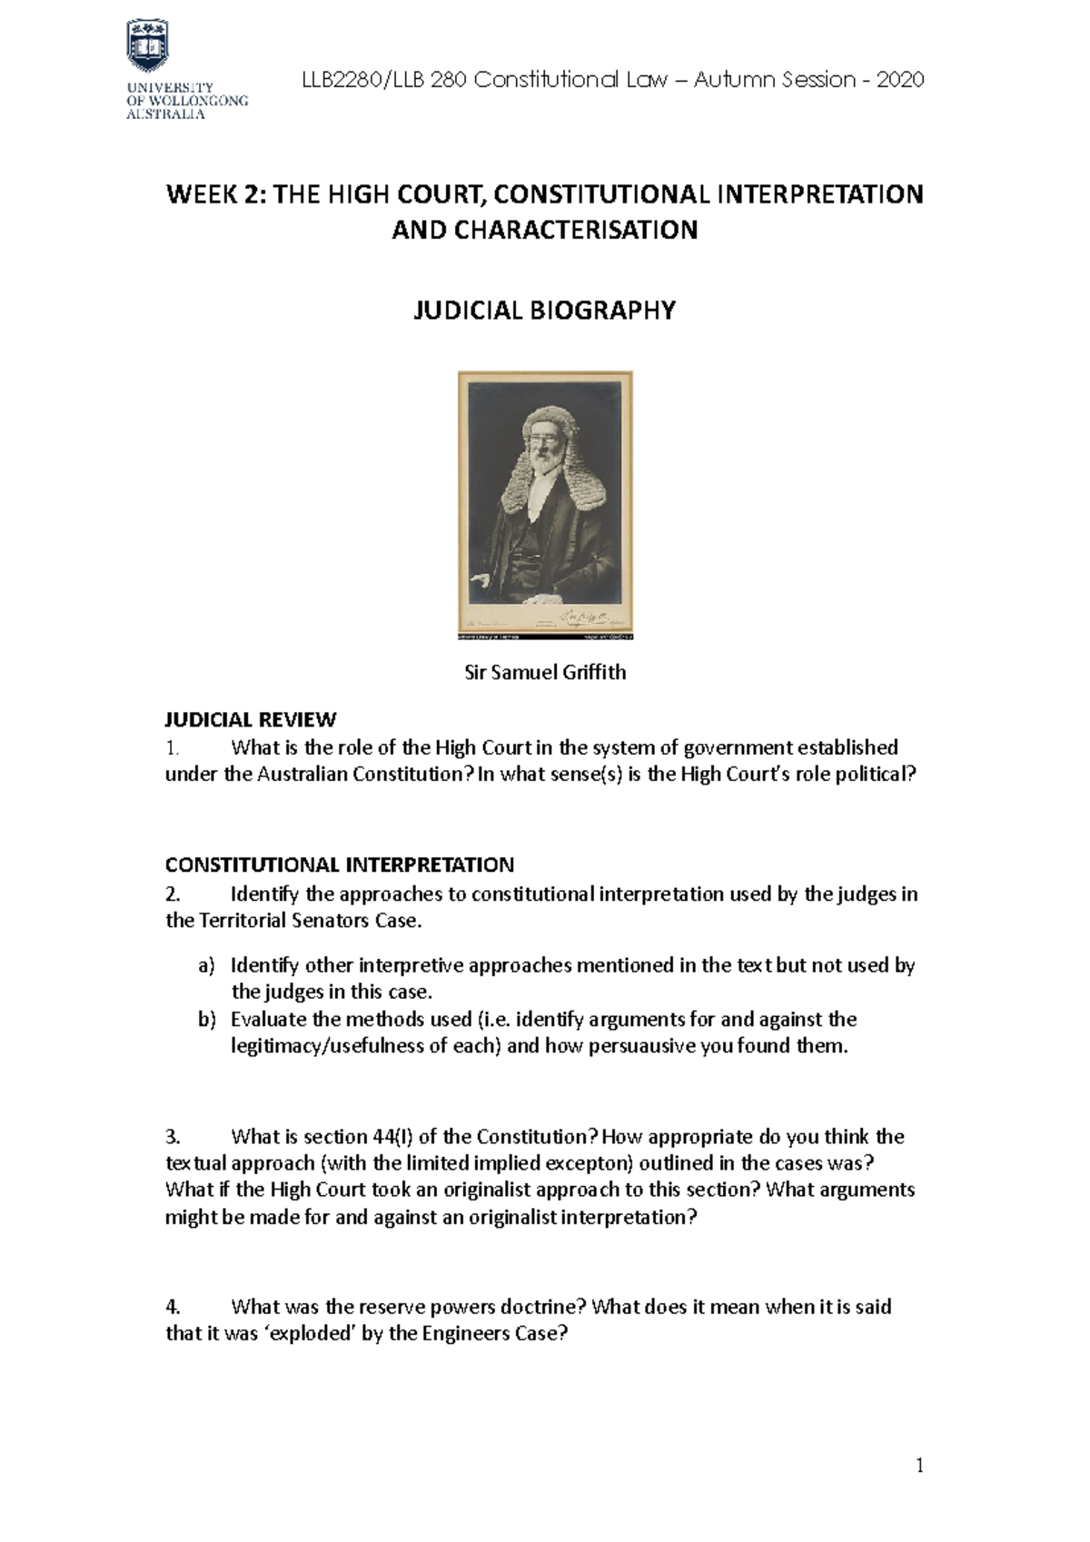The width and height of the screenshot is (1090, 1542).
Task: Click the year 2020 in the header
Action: pyautogui.click(x=900, y=80)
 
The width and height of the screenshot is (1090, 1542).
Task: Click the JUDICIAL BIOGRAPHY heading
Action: pyautogui.click(x=545, y=311)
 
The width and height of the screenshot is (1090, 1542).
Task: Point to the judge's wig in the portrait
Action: pyautogui.click(x=545, y=454)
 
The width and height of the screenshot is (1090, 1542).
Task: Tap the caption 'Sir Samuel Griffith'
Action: pyautogui.click(x=545, y=673)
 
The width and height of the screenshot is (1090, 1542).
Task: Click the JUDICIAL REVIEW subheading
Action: pyautogui.click(x=250, y=720)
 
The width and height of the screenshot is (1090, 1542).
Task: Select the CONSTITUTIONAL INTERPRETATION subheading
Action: pyautogui.click(x=339, y=865)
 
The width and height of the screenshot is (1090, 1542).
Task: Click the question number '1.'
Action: pyautogui.click(x=173, y=748)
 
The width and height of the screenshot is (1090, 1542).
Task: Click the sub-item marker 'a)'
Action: pyautogui.click(x=206, y=965)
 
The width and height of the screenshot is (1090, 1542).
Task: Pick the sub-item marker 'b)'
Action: pyautogui.click(x=206, y=1019)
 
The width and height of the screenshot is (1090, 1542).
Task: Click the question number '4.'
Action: pyautogui.click(x=173, y=1307)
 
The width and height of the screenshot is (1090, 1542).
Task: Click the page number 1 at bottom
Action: pyautogui.click(x=919, y=1466)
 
